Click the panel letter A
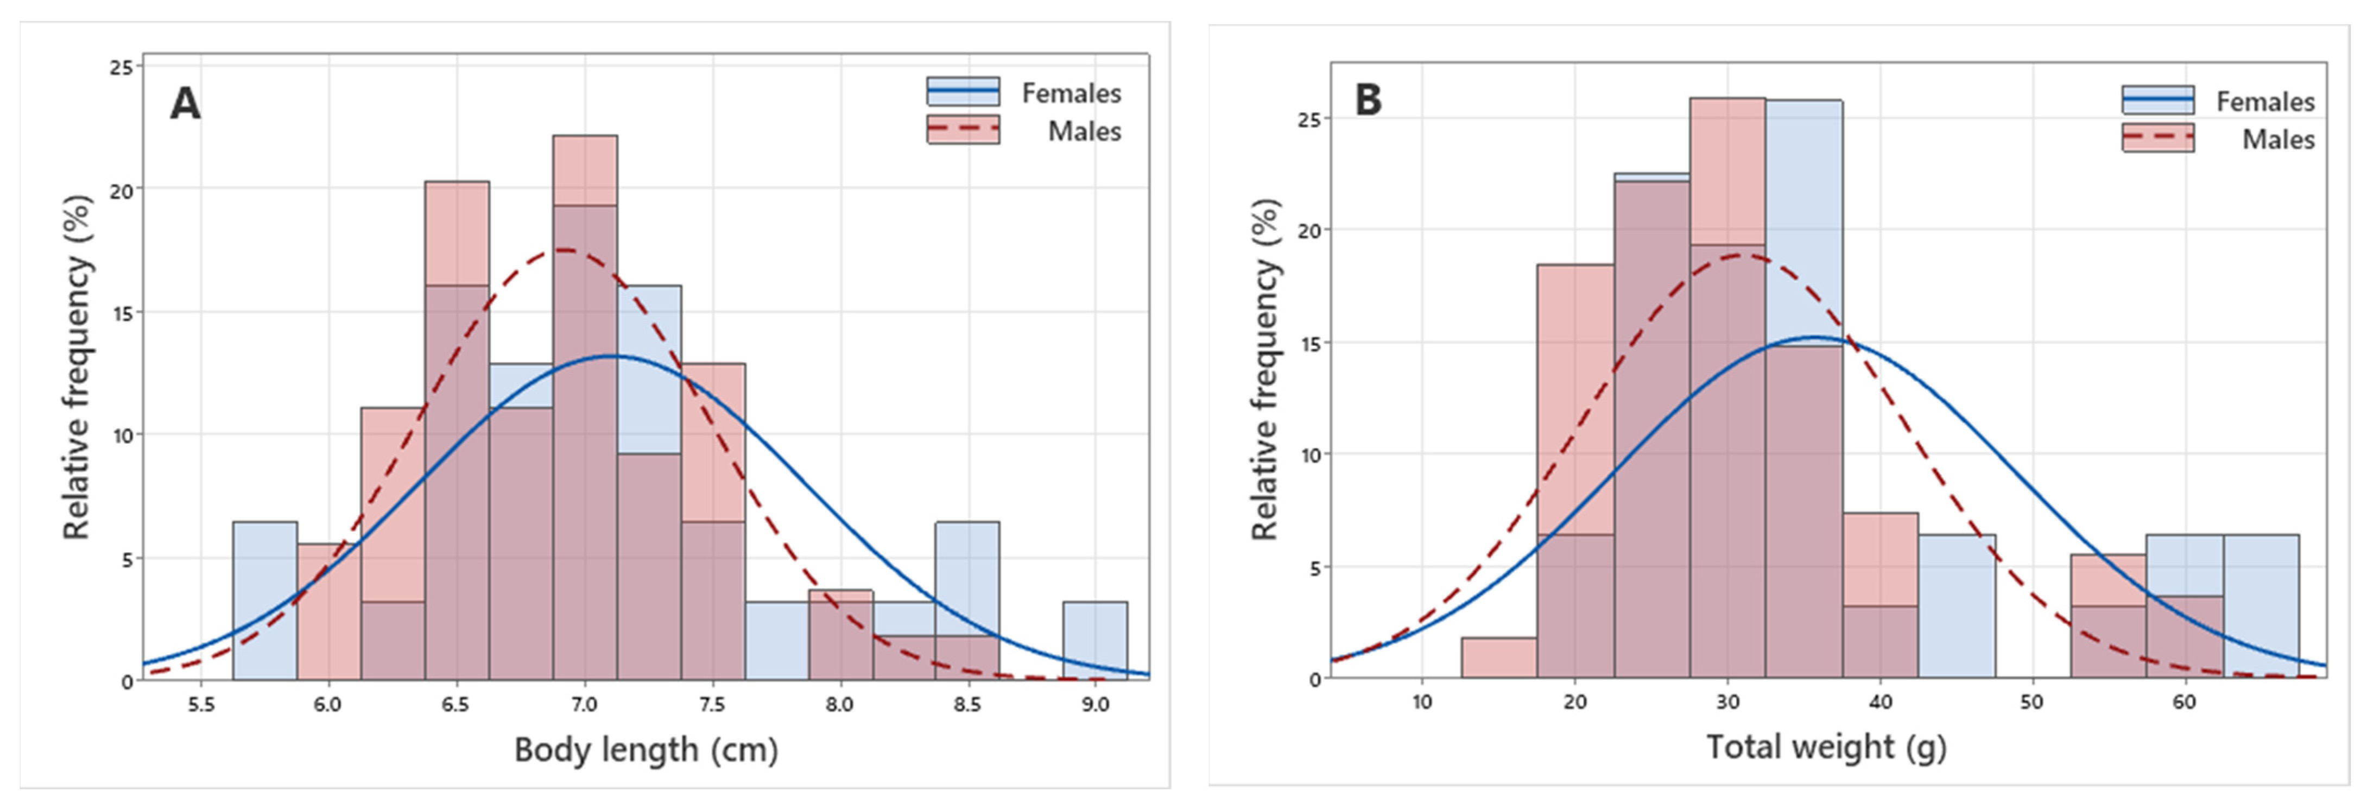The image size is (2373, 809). coord(185,104)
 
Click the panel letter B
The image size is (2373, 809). coord(1368,99)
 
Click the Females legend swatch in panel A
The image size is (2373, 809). coord(963,91)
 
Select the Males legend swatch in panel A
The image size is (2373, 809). coord(963,129)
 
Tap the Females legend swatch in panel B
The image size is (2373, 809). coord(2157,99)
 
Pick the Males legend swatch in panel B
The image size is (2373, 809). coord(2157,137)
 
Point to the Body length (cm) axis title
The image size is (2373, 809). coord(646,750)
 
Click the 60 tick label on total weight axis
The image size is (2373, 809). coord(2184,702)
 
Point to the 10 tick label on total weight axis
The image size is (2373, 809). coord(1422,702)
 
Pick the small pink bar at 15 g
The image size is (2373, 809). coord(1499,658)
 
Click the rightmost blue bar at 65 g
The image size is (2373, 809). coord(2262,606)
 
